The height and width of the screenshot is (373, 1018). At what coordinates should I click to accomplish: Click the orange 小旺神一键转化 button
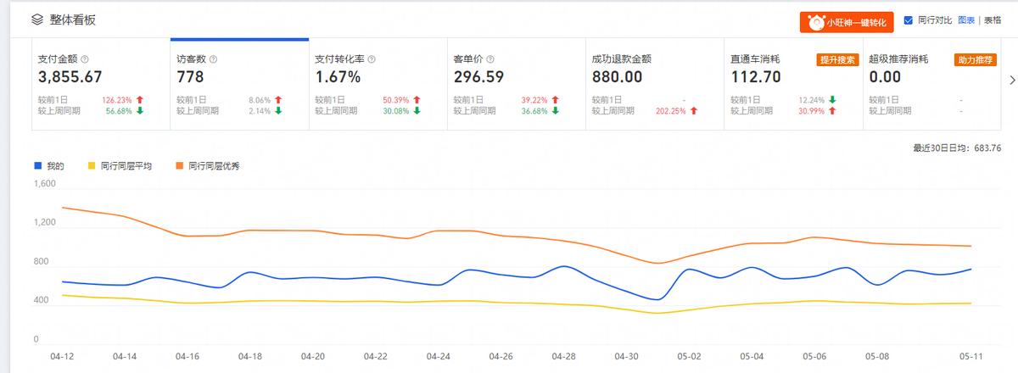(x=846, y=22)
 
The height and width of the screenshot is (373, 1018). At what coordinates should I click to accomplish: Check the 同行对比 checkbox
(x=908, y=20)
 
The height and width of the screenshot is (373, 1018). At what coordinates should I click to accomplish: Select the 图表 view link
(x=965, y=20)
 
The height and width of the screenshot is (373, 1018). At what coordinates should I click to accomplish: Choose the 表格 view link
(x=992, y=20)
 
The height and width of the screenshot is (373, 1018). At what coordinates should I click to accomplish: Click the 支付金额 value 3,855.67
(x=70, y=77)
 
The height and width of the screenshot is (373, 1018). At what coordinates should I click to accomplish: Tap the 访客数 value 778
(x=190, y=77)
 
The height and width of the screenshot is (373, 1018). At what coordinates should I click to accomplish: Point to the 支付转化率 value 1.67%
(x=338, y=77)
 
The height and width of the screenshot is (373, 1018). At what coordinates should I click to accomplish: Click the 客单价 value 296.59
(x=478, y=77)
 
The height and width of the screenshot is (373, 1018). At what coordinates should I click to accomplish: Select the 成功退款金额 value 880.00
(x=617, y=77)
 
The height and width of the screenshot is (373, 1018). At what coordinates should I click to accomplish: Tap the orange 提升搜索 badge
(x=837, y=59)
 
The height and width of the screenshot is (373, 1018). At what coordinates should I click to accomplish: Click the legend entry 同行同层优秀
(x=213, y=166)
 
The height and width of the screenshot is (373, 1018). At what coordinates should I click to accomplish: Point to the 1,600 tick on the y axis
(x=44, y=184)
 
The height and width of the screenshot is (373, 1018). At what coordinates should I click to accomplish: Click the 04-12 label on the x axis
(x=61, y=357)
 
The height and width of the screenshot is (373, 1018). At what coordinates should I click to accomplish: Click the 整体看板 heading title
(x=73, y=19)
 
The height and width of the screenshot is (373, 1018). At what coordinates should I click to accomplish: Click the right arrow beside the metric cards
(x=1011, y=81)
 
